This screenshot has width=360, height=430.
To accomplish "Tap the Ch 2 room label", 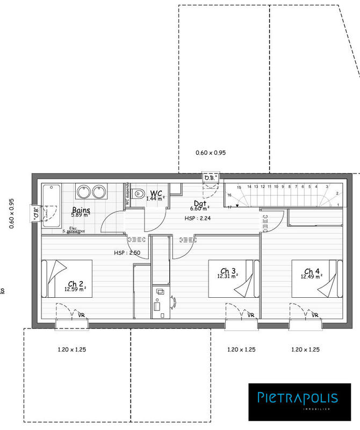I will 75,284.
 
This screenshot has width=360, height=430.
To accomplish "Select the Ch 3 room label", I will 228,270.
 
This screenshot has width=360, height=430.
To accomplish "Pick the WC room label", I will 156,192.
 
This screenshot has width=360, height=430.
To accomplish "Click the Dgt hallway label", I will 200,203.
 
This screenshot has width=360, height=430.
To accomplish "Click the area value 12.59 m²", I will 75,289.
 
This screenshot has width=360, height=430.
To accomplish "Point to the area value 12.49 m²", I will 311,276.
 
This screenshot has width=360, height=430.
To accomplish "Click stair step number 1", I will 337,205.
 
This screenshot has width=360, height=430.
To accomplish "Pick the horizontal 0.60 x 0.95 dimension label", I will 211,153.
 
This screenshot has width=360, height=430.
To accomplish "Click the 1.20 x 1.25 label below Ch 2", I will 71,349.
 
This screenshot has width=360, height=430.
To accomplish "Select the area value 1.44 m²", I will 155,198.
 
